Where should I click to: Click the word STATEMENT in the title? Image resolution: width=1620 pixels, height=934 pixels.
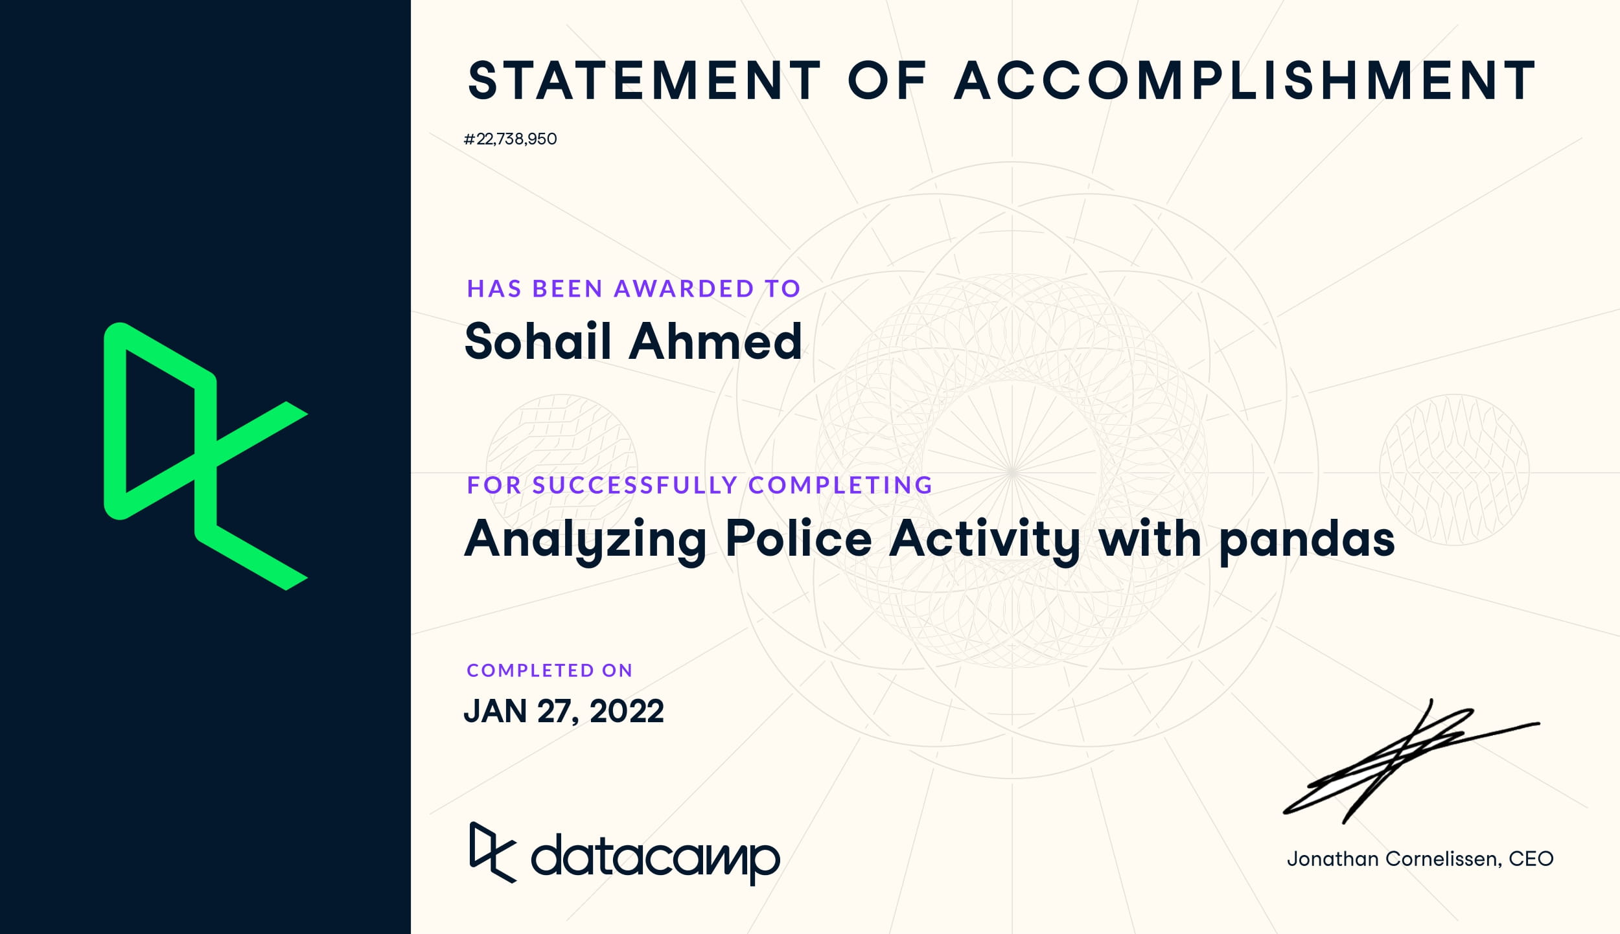point(645,81)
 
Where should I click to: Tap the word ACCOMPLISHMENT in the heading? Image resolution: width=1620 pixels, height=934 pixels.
point(1245,81)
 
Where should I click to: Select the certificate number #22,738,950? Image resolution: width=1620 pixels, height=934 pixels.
point(510,139)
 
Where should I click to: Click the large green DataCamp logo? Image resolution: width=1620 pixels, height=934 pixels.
point(205,456)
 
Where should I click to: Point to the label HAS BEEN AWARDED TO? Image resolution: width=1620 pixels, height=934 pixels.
point(634,288)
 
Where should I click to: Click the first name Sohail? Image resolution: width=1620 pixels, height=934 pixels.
point(538,341)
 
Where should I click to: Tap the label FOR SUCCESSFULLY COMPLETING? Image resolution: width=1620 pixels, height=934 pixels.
point(700,484)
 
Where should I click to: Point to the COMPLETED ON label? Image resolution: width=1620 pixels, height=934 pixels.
point(550,670)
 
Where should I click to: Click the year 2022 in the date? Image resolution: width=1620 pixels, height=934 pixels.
point(627,711)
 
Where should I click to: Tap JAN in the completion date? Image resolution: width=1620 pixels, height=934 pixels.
point(496,711)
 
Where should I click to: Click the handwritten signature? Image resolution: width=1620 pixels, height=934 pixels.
point(1411,762)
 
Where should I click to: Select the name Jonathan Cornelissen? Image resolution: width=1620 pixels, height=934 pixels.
point(1393,859)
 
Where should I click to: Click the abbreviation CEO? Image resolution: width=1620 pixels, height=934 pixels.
point(1531,859)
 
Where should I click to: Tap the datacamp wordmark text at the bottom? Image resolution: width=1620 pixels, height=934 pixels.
point(655,859)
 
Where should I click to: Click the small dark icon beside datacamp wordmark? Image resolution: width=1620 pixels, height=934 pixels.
point(492,852)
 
